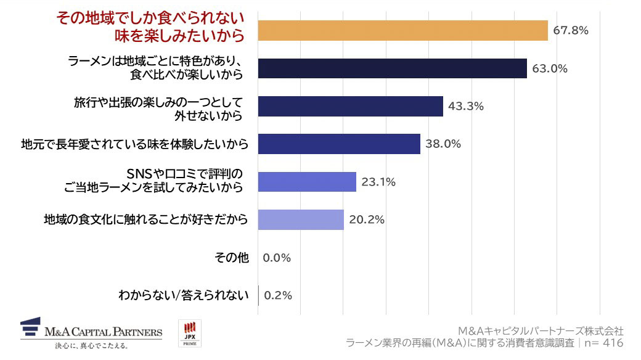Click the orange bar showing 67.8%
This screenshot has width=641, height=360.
tap(402, 30)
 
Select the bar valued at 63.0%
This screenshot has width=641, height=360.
tap(392, 68)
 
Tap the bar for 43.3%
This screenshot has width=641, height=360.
tap(350, 106)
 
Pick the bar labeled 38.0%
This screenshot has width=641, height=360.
tap(339, 144)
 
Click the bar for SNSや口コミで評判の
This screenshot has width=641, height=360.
tap(307, 182)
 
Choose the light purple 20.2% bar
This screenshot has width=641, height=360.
tap(301, 219)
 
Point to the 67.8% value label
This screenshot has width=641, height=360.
tap(570, 30)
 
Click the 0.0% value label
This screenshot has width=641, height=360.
tap(276, 258)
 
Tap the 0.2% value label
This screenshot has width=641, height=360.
tap(277, 295)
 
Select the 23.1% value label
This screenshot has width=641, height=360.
tap(378, 182)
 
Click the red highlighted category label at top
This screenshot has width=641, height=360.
tap(150, 27)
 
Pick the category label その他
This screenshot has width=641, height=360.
tap(232, 258)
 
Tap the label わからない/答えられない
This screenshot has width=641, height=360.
tap(183, 295)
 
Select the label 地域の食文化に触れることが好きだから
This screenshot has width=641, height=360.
tap(146, 219)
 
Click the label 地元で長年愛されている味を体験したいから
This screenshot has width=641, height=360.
tap(134, 144)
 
